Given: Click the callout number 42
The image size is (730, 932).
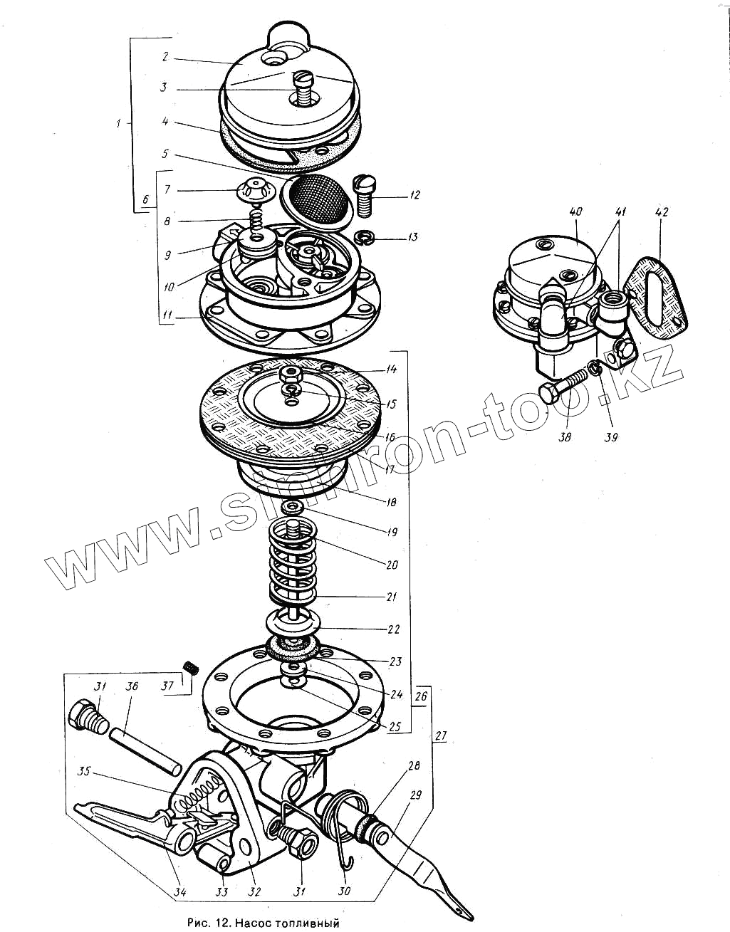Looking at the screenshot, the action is click(661, 212).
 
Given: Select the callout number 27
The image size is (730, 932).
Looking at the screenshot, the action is click(440, 736).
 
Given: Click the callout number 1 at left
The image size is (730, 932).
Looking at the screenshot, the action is click(118, 123).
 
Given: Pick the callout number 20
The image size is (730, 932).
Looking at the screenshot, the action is click(392, 565).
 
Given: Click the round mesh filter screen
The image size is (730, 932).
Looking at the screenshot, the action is click(316, 197).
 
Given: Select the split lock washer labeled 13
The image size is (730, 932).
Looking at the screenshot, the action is click(365, 237).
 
